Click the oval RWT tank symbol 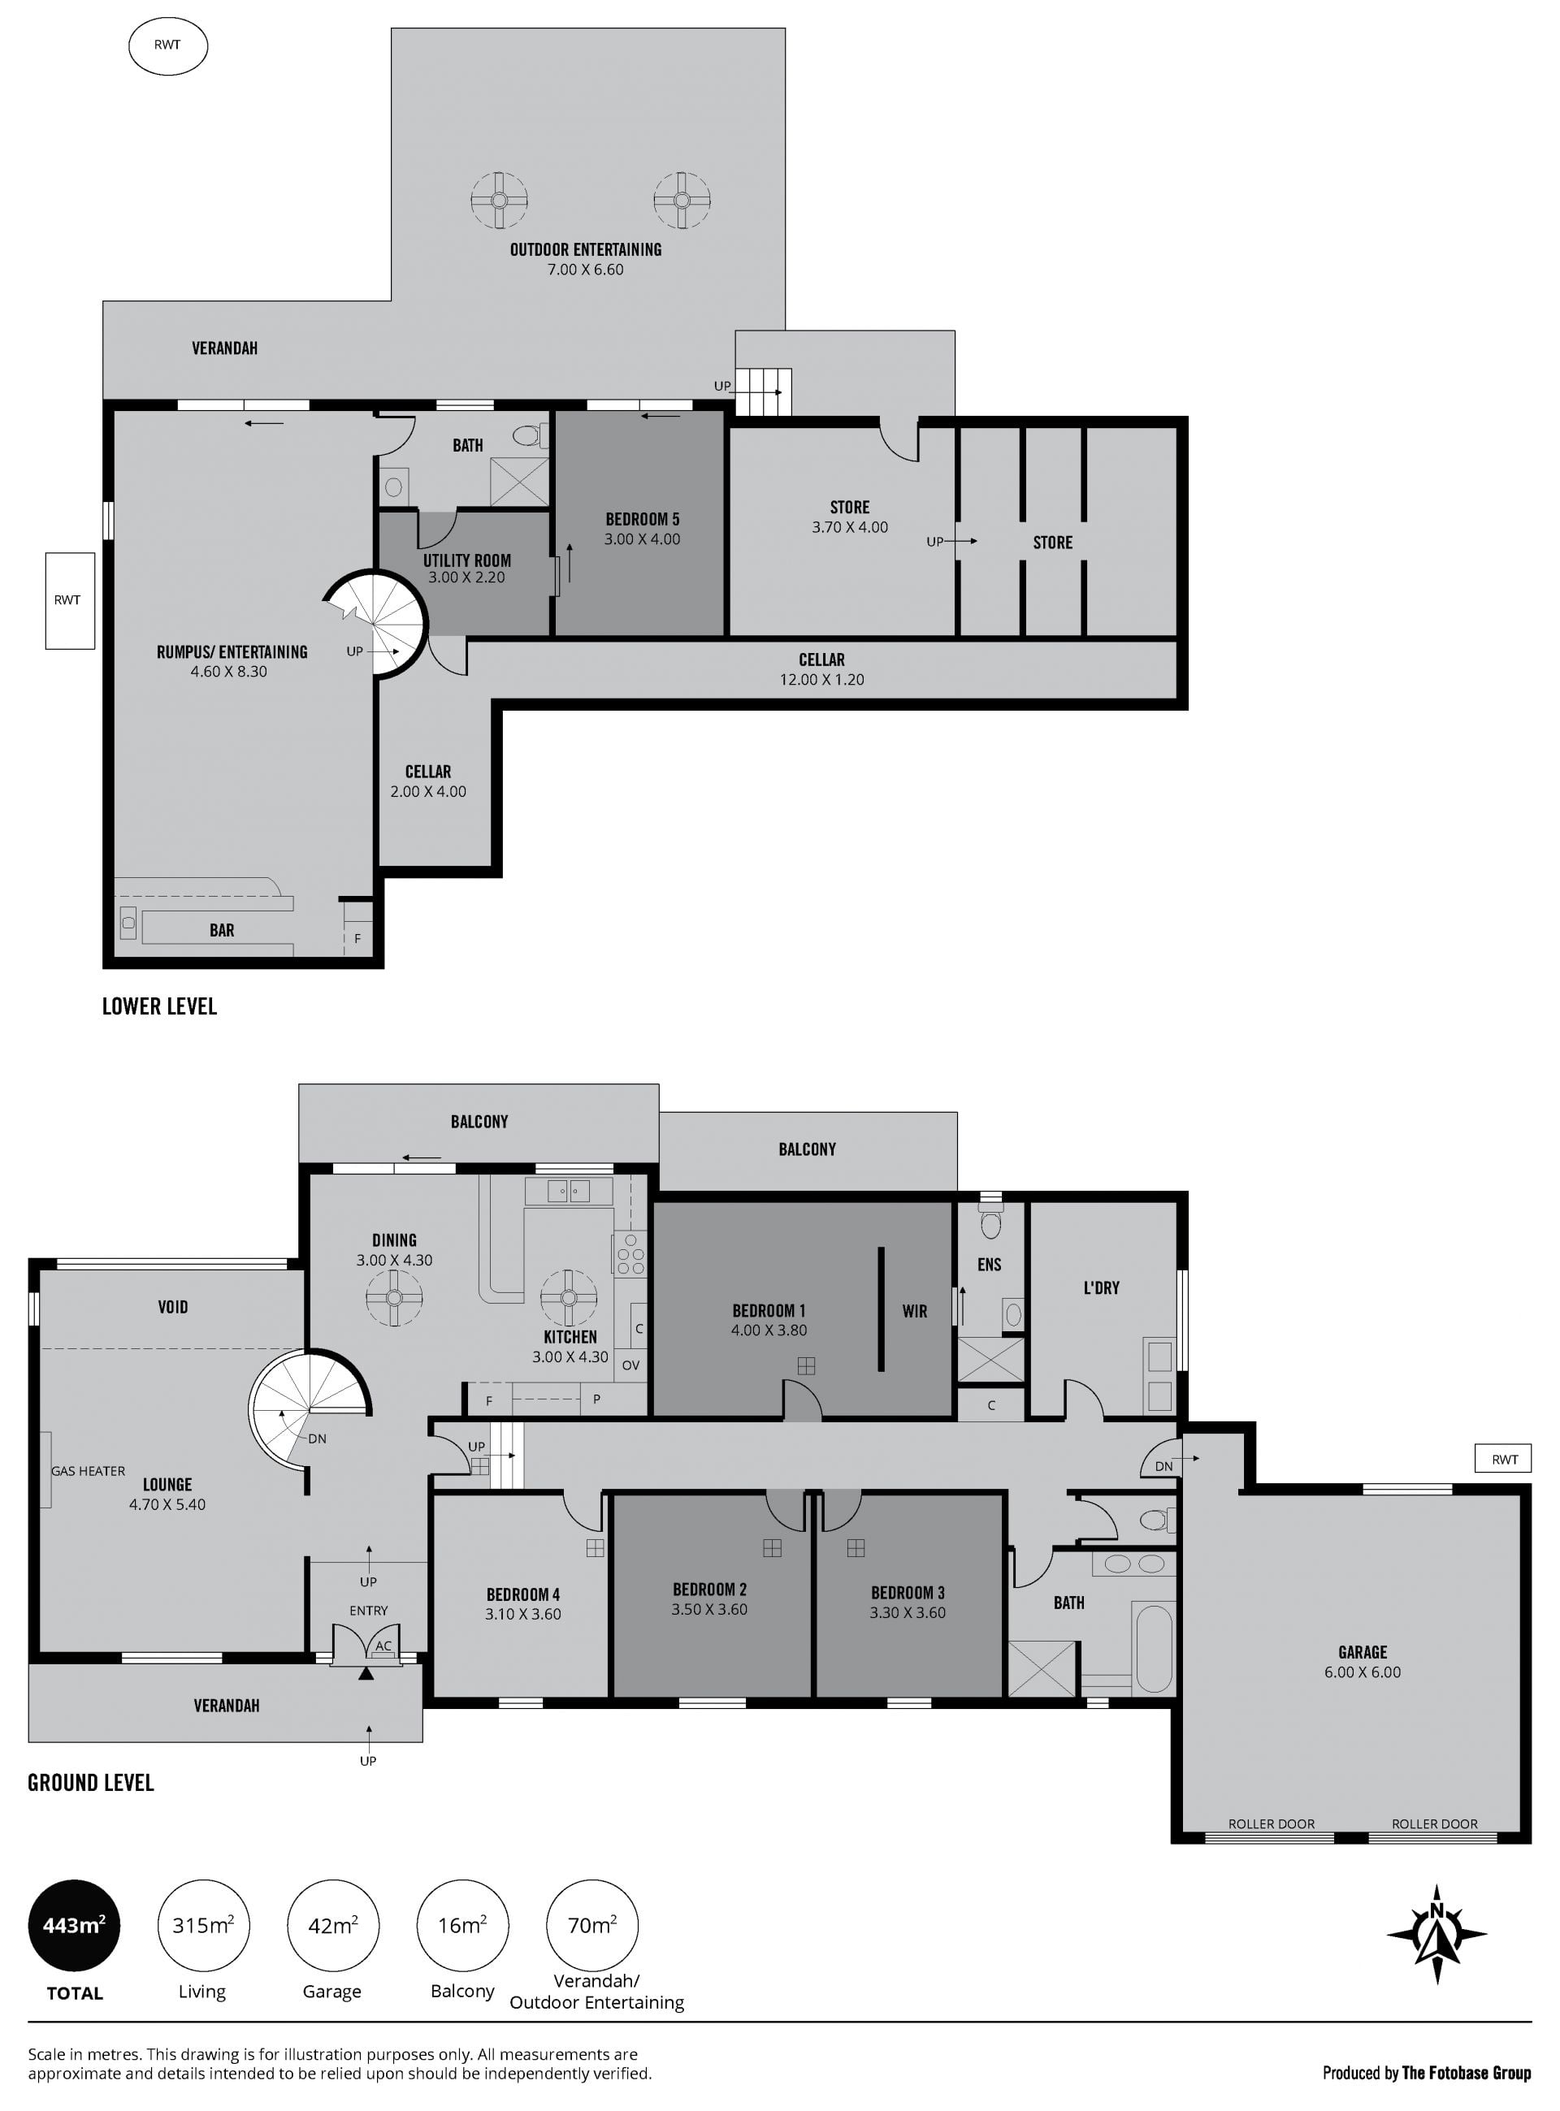[x=167, y=45]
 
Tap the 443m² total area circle [x=75, y=1925]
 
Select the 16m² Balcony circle [x=462, y=1925]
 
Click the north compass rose [x=1436, y=1935]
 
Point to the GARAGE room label [x=1363, y=1652]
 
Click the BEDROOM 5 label [x=642, y=519]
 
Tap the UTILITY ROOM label [x=466, y=560]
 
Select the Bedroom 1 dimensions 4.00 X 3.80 [x=769, y=1330]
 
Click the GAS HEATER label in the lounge [x=88, y=1471]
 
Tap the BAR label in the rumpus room [x=222, y=930]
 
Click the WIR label [x=914, y=1311]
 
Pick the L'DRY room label [x=1101, y=1287]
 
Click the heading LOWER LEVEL [x=159, y=1006]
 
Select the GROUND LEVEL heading [x=91, y=1783]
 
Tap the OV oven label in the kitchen [x=630, y=1365]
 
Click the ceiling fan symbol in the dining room [x=394, y=1297]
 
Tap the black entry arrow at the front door [x=366, y=1674]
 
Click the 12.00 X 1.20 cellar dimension [x=821, y=679]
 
